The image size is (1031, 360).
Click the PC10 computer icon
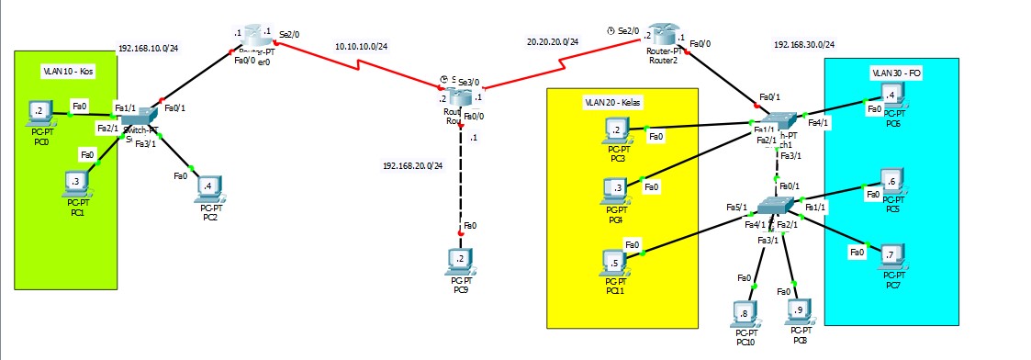point(745,313)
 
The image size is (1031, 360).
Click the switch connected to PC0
point(140,117)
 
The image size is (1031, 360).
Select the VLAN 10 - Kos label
point(69,71)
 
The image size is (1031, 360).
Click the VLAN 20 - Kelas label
point(612,101)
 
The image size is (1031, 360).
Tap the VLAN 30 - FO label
point(894,72)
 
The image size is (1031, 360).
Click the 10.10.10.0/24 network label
point(361,45)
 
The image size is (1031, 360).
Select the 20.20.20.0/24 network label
point(553,41)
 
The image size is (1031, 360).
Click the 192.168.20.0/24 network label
point(413,166)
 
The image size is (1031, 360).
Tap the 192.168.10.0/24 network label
point(149,49)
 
